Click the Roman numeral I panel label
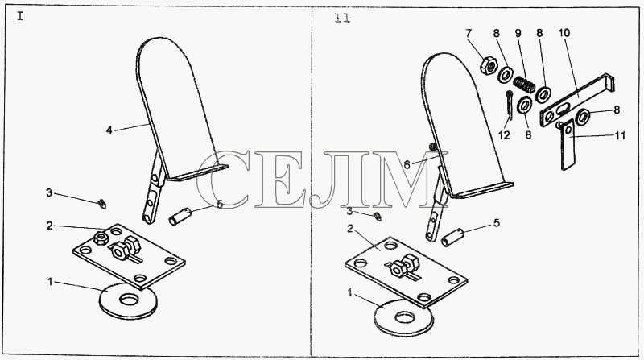click(20, 16)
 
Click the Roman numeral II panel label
click(343, 18)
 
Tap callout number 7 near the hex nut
click(469, 33)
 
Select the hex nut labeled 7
click(489, 66)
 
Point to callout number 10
click(564, 33)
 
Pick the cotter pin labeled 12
click(510, 106)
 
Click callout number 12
click(504, 134)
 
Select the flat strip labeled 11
click(568, 144)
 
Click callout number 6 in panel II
click(407, 165)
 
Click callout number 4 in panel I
click(109, 130)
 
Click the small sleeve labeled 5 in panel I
click(180, 216)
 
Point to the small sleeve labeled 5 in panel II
click(452, 238)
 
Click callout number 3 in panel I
click(49, 192)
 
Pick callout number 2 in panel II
click(350, 229)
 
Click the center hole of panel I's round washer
click(130, 299)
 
